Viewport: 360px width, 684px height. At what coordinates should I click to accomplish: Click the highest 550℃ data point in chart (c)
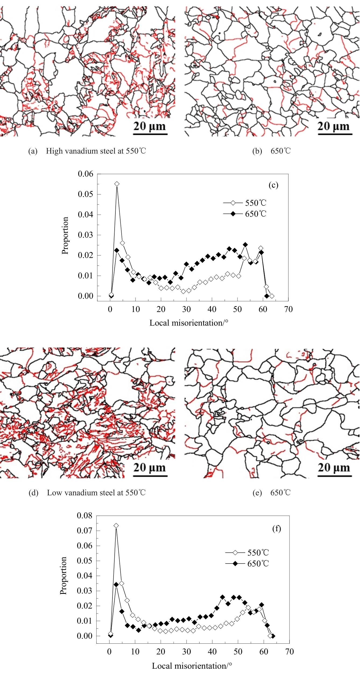pyautogui.click(x=117, y=184)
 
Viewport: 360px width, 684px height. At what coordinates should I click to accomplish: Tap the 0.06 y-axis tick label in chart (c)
pyautogui.click(x=86, y=174)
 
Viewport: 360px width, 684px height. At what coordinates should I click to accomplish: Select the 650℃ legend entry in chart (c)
pyautogui.click(x=245, y=214)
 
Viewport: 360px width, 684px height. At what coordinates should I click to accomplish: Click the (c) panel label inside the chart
pyautogui.click(x=273, y=185)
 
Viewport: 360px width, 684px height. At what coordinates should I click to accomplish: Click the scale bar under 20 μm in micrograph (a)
pyautogui.click(x=150, y=134)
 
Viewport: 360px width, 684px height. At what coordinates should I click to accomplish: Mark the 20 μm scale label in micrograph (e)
pyautogui.click(x=334, y=468)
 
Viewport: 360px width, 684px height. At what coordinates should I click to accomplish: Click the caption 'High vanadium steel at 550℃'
pyautogui.click(x=96, y=151)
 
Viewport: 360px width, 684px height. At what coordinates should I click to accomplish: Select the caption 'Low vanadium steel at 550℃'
pyautogui.click(x=96, y=493)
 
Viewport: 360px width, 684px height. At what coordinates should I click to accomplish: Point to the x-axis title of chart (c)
pyautogui.click(x=189, y=323)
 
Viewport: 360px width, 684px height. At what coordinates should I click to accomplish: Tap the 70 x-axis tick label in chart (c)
pyautogui.click(x=288, y=309)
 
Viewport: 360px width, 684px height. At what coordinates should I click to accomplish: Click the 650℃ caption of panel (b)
pyautogui.click(x=281, y=151)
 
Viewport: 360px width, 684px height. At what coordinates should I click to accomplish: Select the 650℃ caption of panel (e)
pyautogui.click(x=281, y=493)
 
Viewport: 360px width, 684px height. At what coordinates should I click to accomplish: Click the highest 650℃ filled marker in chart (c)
pyautogui.click(x=245, y=245)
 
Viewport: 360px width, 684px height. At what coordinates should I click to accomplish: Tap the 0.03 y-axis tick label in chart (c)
pyautogui.click(x=86, y=235)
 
